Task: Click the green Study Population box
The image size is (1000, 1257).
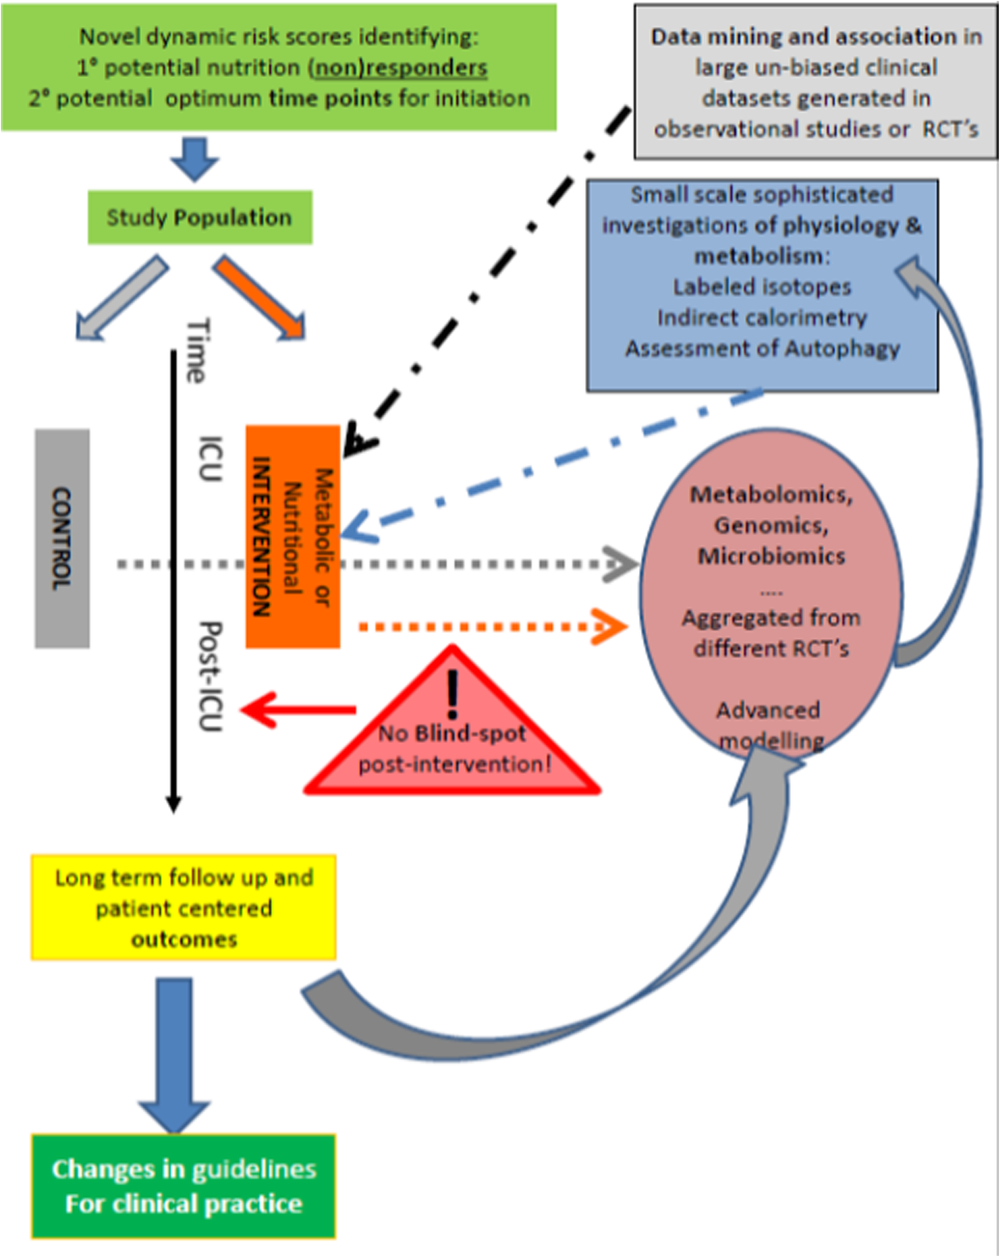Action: coord(200,217)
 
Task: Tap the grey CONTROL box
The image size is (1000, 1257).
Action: coord(62,538)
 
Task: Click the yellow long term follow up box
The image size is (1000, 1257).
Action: coord(183,908)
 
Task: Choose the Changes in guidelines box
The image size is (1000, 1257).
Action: coord(183,1186)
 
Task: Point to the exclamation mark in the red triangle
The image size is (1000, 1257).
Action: coord(453,695)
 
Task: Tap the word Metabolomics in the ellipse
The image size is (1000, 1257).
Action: coord(770,494)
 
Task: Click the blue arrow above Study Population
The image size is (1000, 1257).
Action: coord(195,159)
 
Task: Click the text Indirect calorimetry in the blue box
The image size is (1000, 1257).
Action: coord(762,317)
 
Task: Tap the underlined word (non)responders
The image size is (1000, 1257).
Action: coord(398,68)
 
